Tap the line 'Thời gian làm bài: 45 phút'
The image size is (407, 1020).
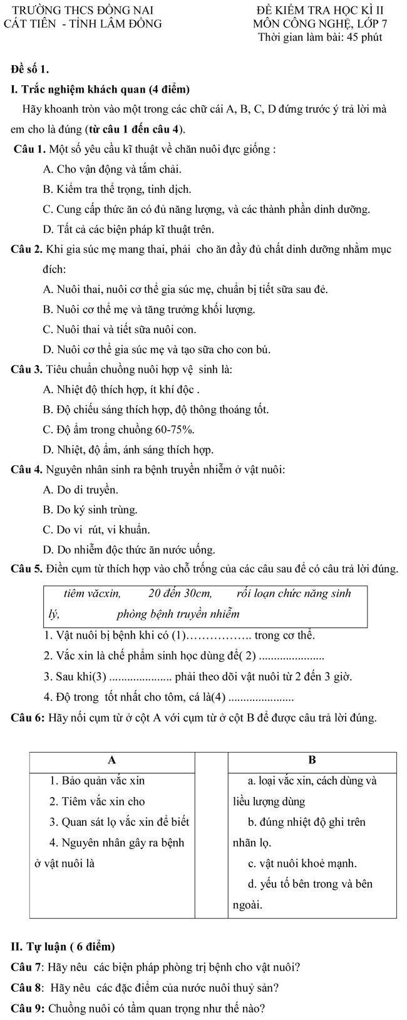pyautogui.click(x=320, y=38)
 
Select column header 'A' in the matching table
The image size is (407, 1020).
pyautogui.click(x=113, y=760)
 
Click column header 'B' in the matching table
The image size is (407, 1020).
pyautogui.click(x=312, y=760)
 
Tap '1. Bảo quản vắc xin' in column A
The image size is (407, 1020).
pyautogui.click(x=98, y=781)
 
